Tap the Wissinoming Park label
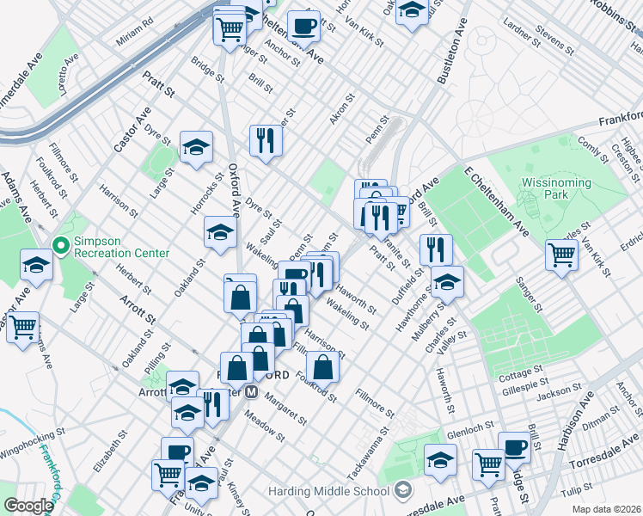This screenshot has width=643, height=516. click(x=556, y=189)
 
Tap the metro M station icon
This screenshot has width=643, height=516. click(x=252, y=391)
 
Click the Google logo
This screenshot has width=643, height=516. click(x=28, y=507)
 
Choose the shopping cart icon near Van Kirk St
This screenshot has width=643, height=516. click(x=561, y=254)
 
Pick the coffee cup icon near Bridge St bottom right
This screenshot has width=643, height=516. click(x=514, y=447)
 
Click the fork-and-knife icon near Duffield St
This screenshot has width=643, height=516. click(x=436, y=249)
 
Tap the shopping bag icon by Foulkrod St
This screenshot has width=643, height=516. click(x=322, y=367)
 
